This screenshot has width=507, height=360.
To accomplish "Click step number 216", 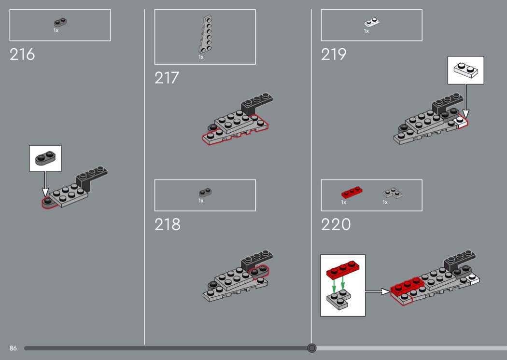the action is pos(22,55).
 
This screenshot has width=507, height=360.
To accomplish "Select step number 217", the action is pos(167,78).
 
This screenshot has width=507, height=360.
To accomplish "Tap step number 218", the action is pos(167,224).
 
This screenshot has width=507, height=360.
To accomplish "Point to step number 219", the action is pos(333,55).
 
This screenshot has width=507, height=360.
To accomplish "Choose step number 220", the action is pos(336,224).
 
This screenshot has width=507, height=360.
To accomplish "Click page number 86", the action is pos(13,348).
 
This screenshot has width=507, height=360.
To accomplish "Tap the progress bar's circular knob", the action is pos(312,348).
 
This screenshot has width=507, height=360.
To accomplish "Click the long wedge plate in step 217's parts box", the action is pos(205,34).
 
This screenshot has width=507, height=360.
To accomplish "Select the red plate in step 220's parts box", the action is pos(352,192).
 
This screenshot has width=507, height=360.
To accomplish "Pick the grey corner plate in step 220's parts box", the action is pos(392,193).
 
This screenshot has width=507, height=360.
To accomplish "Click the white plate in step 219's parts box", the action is pos(372,22).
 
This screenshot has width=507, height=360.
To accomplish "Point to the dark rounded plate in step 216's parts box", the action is pos(60,22).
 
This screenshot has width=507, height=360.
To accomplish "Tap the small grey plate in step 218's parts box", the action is pos(205,192).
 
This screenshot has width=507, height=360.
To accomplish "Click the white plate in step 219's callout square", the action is pos(465,70).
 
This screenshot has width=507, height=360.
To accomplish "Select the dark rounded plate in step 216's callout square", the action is pos(45,158).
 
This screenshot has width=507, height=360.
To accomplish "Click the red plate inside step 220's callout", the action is pos(343,269).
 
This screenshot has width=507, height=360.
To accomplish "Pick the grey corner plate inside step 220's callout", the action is pos(338,299).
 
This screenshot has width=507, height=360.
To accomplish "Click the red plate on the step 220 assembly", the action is pos(407,286).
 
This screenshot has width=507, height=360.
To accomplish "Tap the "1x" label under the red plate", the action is pos(343,202).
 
